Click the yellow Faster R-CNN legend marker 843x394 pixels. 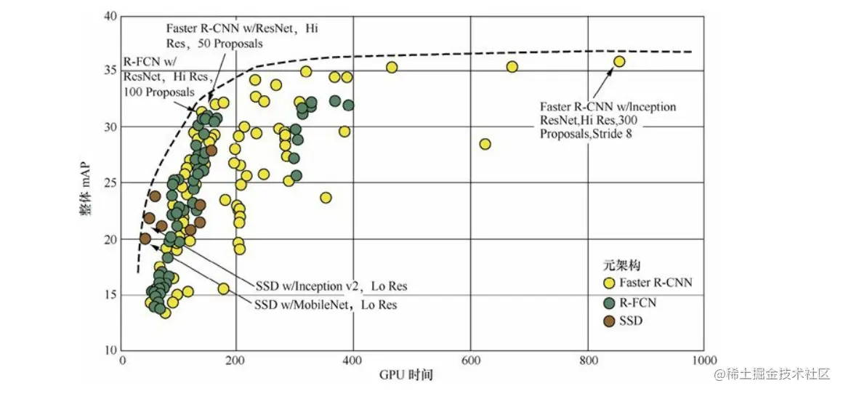(610, 282)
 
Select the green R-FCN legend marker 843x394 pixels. (610, 301)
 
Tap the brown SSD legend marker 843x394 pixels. (610, 321)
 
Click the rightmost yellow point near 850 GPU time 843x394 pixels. (619, 62)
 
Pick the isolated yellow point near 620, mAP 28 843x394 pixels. (485, 144)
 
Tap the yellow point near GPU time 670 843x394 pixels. (512, 67)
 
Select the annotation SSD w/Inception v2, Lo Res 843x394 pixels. (334, 284)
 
